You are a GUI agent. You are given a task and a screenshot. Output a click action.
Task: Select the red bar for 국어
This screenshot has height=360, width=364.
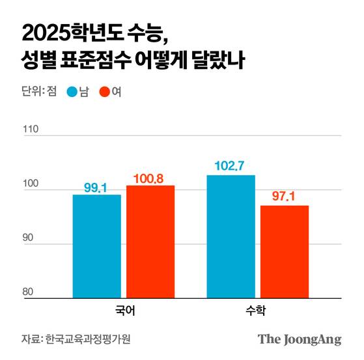coord(150,242)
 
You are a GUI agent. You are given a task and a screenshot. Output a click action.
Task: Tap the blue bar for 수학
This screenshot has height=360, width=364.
coord(231,236)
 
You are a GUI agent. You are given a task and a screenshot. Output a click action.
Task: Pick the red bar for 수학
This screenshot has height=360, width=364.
coord(285,251)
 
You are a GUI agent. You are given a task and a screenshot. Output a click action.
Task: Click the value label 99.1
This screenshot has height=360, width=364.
coord(96,188)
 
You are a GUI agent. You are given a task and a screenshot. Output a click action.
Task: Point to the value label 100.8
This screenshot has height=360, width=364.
coord(150,178)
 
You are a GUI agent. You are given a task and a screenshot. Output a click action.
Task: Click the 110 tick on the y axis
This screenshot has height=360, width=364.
coord(31,129)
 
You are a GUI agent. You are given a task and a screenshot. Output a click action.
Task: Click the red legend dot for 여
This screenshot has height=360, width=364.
coord(104,92)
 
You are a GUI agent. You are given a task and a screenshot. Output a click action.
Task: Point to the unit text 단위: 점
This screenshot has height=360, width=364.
coord(38,92)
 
